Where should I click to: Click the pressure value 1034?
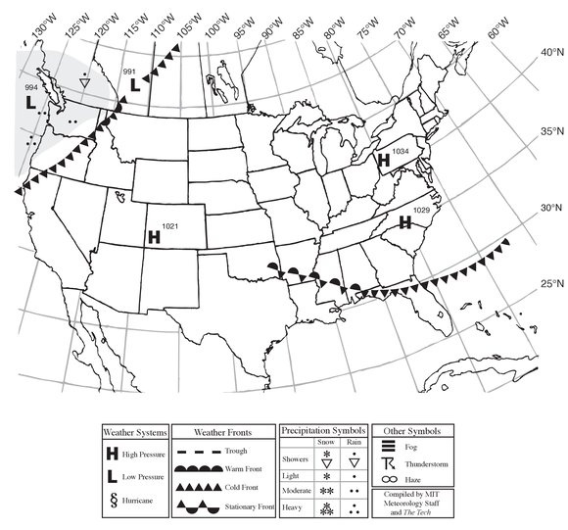pos(399,150)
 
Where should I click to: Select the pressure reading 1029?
pos(422,211)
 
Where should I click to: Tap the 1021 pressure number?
pos(170,226)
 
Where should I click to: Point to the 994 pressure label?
pos(31,88)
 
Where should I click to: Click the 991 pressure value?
pos(129,72)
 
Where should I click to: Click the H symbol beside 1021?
pos(153,236)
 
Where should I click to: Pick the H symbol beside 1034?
pos(383,159)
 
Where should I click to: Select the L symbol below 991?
pos(135,85)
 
